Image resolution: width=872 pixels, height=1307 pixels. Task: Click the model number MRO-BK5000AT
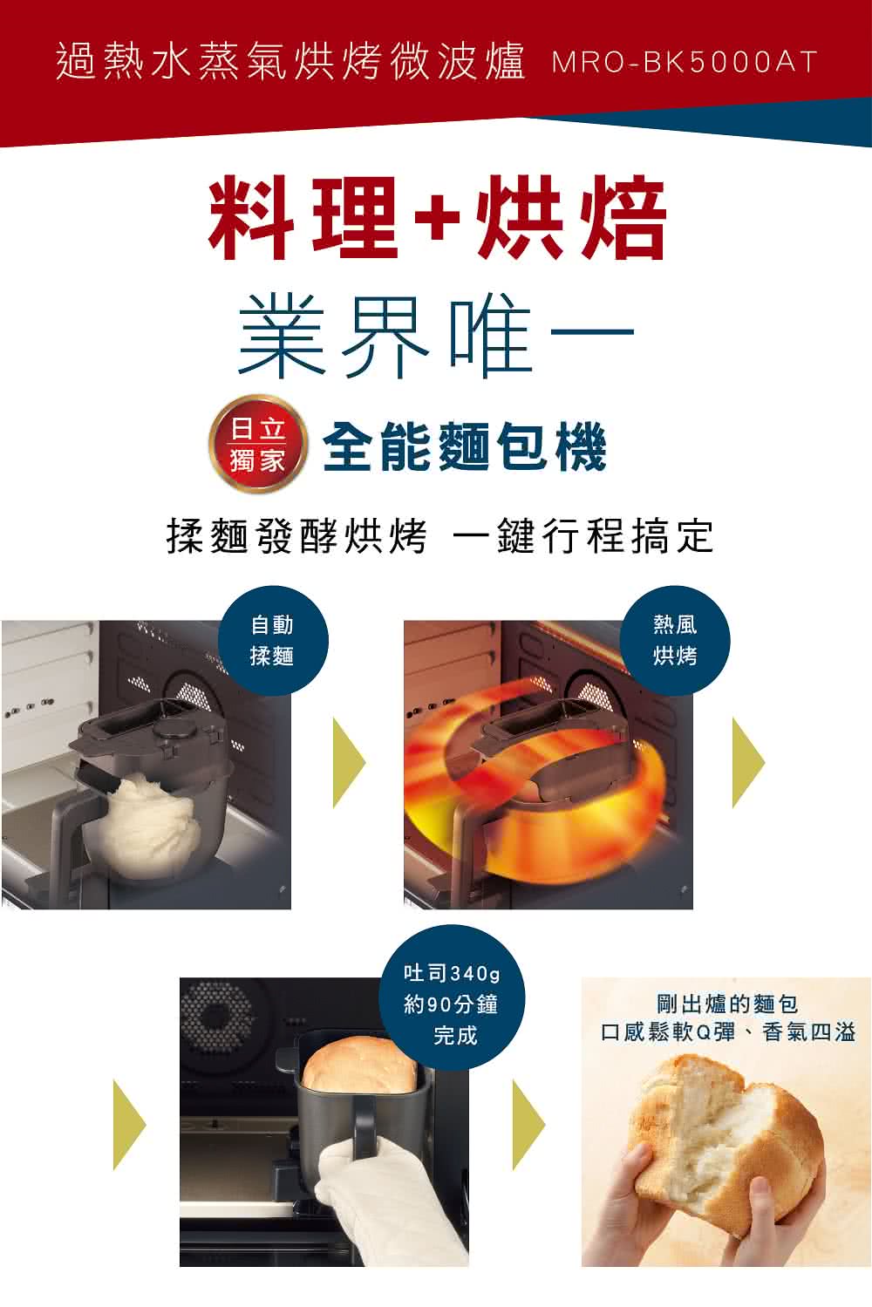pos(684,63)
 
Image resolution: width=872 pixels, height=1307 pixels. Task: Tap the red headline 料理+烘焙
pos(436,218)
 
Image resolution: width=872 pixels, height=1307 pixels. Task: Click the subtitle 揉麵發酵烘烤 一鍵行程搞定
pos(439,535)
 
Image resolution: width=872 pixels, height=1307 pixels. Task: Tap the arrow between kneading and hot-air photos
pos(348,763)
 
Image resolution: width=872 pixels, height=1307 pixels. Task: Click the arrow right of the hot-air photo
pos(747,763)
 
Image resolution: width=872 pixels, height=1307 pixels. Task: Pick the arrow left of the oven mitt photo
pos(130,1125)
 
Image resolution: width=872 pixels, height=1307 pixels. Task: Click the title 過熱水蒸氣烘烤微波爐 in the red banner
pos(290,63)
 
